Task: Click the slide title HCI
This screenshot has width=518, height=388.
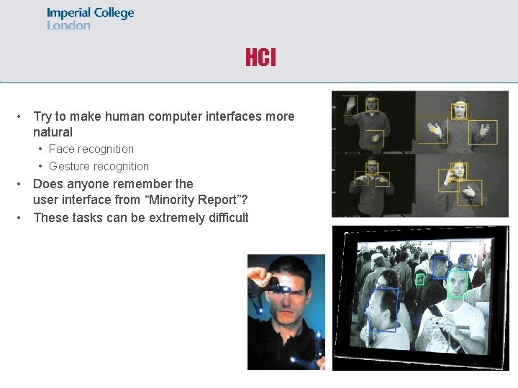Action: click(x=260, y=58)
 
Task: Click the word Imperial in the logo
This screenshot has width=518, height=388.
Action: click(x=69, y=13)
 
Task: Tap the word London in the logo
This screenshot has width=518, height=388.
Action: click(x=68, y=25)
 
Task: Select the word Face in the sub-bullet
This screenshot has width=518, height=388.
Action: click(x=60, y=149)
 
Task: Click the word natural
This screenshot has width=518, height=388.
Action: click(x=53, y=132)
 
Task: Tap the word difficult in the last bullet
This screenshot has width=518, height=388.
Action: click(x=224, y=218)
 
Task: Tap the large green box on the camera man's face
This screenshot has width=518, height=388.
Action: click(x=457, y=285)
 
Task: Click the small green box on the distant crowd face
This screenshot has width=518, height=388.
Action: click(x=419, y=279)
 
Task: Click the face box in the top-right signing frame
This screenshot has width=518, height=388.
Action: click(x=459, y=110)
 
